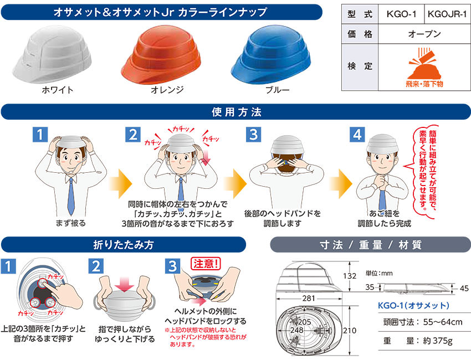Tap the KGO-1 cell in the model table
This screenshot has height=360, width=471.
pyautogui.click(x=401, y=14)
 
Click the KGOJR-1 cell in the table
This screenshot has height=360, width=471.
pyautogui.click(x=447, y=14)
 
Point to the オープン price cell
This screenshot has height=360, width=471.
pyautogui.click(x=424, y=34)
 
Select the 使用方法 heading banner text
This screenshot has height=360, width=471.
pyautogui.click(x=237, y=112)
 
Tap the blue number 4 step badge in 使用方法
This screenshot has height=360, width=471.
pyautogui.click(x=357, y=135)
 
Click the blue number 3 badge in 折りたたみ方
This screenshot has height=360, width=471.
pyautogui.click(x=172, y=266)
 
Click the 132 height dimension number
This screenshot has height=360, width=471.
pyautogui.click(x=349, y=276)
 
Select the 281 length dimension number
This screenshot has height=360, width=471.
pyautogui.click(x=309, y=299)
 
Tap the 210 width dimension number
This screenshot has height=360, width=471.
pyautogui.click(x=350, y=331)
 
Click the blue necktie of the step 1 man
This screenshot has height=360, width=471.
pyautogui.click(x=70, y=197)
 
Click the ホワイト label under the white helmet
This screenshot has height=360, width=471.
pyautogui.click(x=58, y=90)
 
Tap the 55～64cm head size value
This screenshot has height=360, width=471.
pyautogui.click(x=443, y=322)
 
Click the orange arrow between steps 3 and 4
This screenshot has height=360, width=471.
pyautogui.click(x=341, y=184)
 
